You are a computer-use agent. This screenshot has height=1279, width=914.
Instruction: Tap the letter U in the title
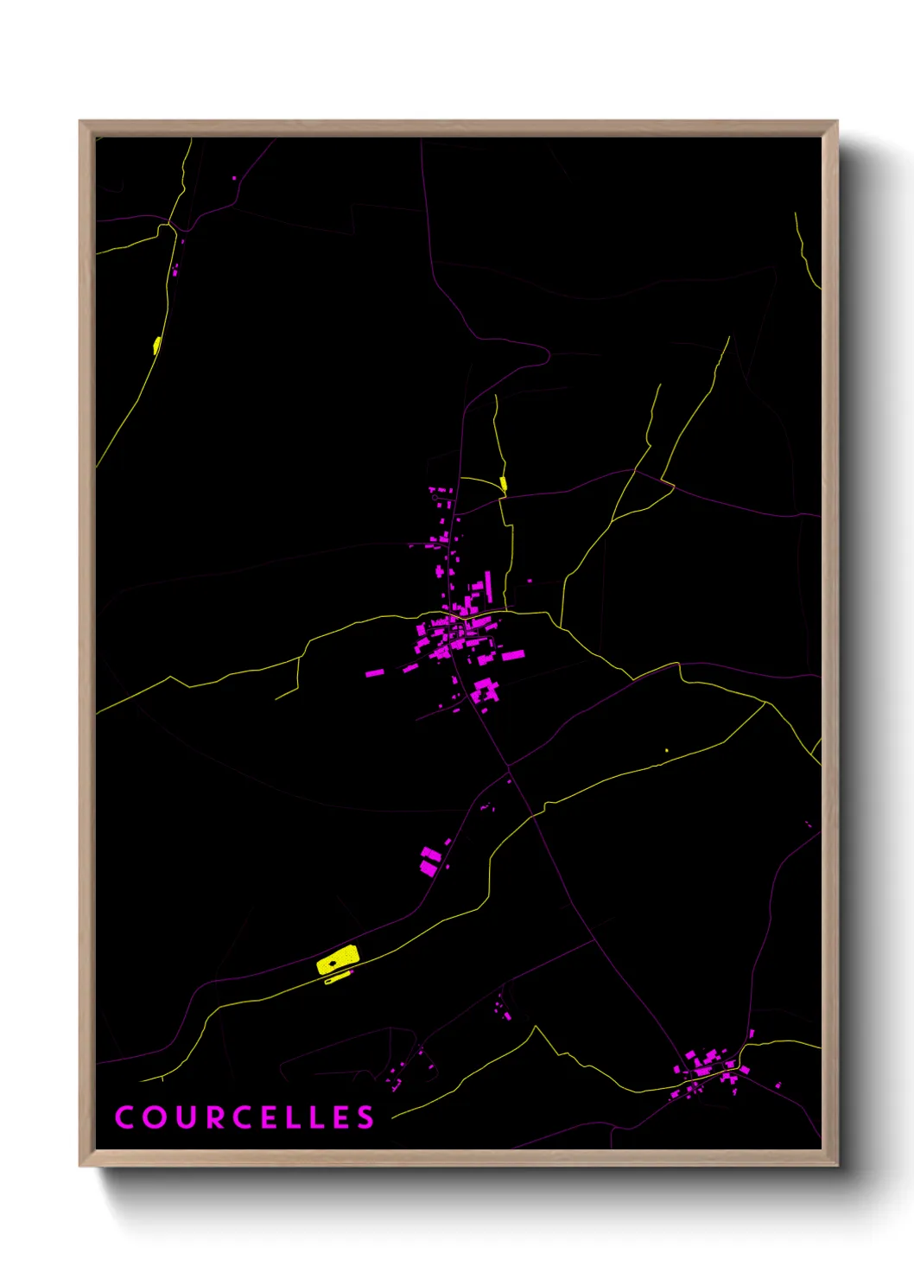[187, 1117]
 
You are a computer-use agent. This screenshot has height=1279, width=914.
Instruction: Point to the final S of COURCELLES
[365, 1117]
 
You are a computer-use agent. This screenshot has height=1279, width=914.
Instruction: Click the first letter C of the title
[124, 1117]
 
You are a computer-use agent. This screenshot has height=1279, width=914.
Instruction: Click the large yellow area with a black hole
[338, 960]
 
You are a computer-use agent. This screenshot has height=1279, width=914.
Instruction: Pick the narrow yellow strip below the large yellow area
[338, 977]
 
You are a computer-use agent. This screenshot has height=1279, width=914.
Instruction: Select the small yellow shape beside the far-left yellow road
[156, 346]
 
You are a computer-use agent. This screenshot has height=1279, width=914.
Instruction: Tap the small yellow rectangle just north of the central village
[503, 484]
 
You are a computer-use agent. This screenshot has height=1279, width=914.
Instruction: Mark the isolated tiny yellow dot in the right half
[666, 750]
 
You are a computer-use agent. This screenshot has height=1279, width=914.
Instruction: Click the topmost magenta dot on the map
[234, 178]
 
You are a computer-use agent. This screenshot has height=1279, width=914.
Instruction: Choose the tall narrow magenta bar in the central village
[488, 585]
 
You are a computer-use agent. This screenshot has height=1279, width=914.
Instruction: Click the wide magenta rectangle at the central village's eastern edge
[513, 655]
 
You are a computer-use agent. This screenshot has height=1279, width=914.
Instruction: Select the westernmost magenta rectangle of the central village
[374, 671]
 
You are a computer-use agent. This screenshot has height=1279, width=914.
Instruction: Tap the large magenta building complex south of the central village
[486, 690]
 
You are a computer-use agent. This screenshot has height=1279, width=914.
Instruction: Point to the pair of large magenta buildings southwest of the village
[430, 862]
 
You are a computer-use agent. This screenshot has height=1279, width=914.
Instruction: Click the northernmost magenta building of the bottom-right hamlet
[751, 1034]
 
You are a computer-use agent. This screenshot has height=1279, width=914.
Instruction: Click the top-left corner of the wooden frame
[81, 123]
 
